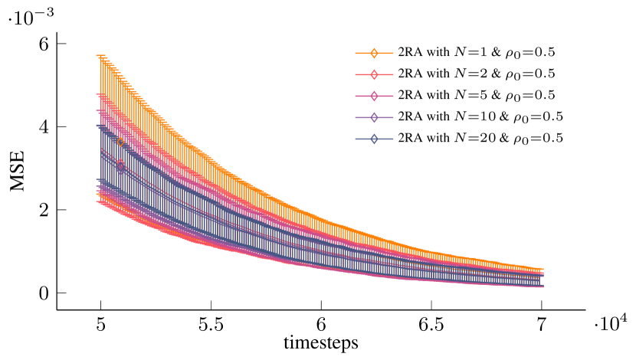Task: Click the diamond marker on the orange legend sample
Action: [x=374, y=53]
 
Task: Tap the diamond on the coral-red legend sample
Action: [x=374, y=74]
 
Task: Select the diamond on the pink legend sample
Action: [x=374, y=96]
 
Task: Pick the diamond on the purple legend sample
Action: [x=374, y=117]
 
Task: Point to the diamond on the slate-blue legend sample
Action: [x=374, y=139]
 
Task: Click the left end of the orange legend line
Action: [x=356, y=53]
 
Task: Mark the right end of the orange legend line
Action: [x=393, y=53]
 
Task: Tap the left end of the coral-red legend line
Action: [x=356, y=74]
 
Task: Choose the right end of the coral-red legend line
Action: [x=393, y=74]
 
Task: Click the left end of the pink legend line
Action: [x=356, y=96]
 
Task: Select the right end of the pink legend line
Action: [x=393, y=96]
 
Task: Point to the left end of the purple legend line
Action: [x=356, y=117]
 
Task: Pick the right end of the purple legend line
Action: [x=393, y=117]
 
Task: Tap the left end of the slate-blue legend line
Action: [x=356, y=139]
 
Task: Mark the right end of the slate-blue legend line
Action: [x=393, y=139]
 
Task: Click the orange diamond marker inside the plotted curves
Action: [x=120, y=142]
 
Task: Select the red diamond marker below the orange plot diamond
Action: [x=120, y=165]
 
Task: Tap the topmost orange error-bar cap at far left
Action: [x=100, y=55]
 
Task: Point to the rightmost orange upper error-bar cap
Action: [x=540, y=269]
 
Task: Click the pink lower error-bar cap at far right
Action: [x=540, y=286]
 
